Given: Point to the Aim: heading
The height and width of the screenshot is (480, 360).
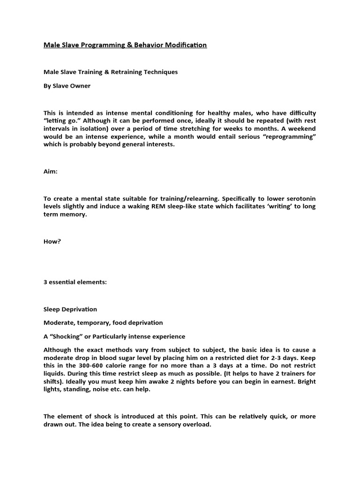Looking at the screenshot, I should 50,172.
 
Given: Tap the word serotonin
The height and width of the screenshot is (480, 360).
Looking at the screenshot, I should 299,198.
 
